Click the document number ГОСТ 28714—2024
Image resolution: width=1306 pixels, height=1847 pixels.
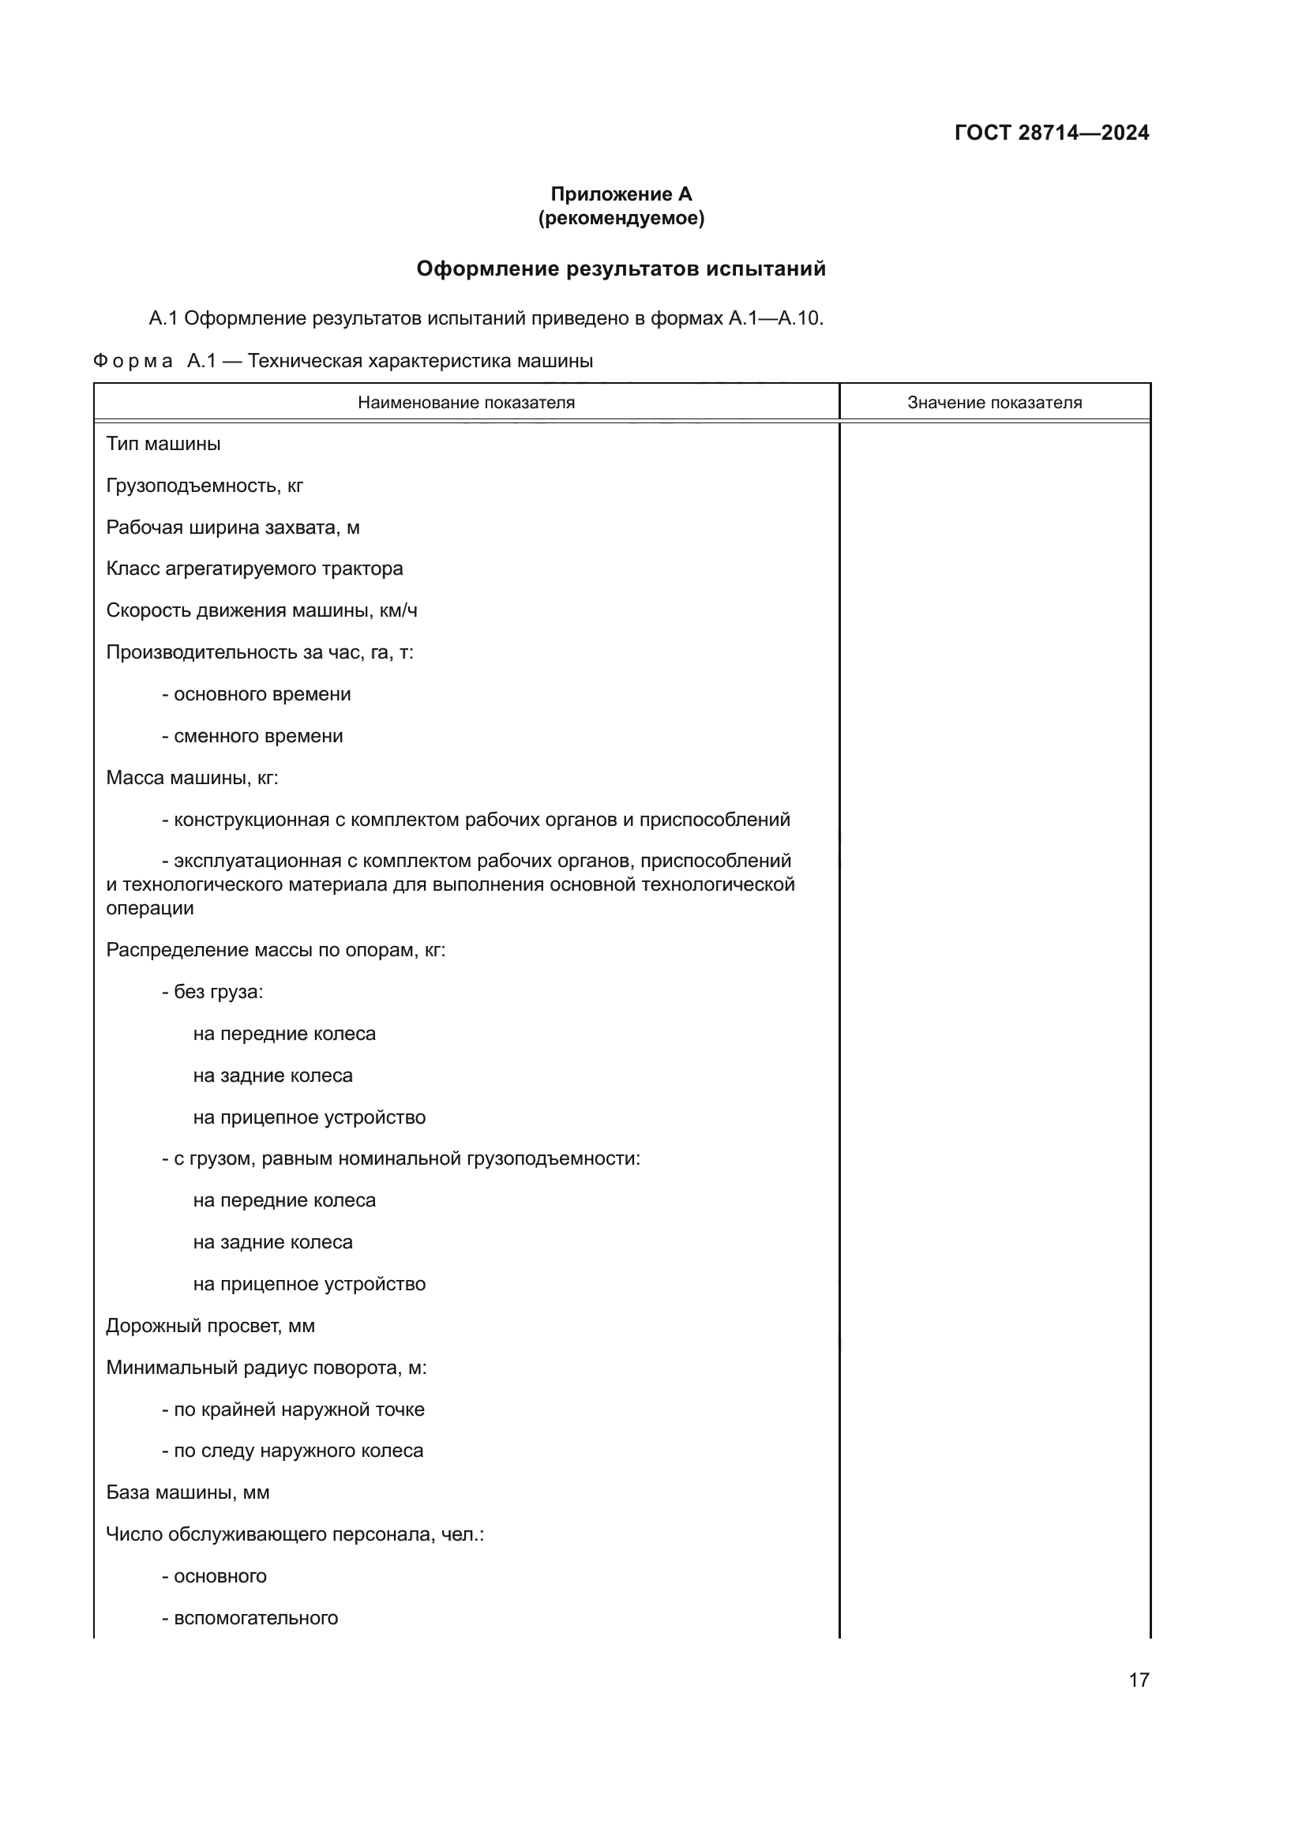point(1051,133)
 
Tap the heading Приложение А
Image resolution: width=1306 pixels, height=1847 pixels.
point(621,194)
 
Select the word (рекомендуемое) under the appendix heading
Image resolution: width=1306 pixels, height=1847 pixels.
point(621,218)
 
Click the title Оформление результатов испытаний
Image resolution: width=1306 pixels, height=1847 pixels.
point(621,268)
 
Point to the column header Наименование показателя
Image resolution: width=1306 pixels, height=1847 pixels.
point(467,402)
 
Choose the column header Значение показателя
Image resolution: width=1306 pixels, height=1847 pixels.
point(994,402)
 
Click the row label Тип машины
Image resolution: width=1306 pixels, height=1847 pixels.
point(163,444)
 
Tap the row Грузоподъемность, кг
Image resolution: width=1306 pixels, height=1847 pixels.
point(205,486)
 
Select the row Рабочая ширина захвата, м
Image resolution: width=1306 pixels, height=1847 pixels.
point(232,527)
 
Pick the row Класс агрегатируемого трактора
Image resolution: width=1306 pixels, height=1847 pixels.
point(254,569)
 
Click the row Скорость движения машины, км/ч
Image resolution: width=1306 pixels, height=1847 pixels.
point(261,610)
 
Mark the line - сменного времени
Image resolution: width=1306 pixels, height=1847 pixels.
point(253,736)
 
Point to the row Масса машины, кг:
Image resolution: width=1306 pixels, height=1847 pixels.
point(192,778)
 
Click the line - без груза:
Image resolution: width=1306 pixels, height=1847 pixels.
point(212,992)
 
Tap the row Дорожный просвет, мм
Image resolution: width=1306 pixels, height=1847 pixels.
point(210,1326)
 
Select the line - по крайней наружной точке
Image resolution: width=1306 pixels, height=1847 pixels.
point(293,1410)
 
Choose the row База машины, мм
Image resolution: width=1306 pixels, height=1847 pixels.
point(187,1492)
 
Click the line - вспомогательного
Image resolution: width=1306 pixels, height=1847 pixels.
point(250,1618)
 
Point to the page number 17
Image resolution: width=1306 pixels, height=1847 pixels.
point(1139,1680)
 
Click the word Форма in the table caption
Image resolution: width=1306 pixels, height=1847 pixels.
point(133,361)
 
